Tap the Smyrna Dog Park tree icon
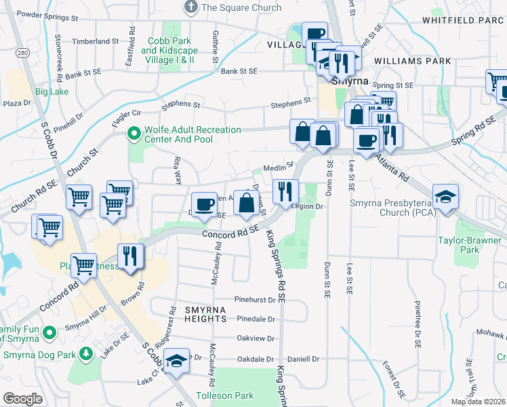coord(85,353)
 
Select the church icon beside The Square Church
coord(191,7)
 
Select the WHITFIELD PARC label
coord(464,20)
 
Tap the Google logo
coord(22,399)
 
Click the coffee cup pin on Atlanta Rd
coord(367,142)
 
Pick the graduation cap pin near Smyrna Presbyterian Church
coord(445,197)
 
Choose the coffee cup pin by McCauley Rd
coord(204,205)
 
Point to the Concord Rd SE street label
coord(230,233)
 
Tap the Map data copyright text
coord(479,402)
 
